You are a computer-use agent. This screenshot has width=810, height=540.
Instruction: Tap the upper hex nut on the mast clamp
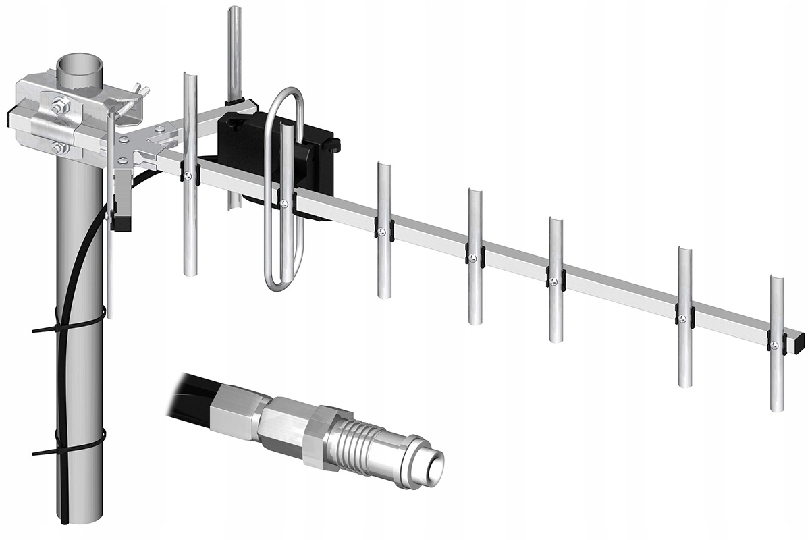pos(59,105)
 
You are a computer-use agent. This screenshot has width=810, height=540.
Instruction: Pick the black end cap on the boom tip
pos(801,340)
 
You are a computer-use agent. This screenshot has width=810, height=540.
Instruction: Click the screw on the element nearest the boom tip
pos(775,346)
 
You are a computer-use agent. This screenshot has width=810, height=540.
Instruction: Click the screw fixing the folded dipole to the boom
pos(285,203)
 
